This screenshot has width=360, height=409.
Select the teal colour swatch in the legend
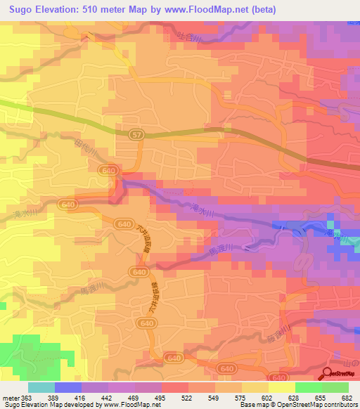[x=41, y=387]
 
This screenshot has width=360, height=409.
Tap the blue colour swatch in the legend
[x=68, y=387]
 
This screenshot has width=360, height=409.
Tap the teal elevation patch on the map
[x=355, y=245]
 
